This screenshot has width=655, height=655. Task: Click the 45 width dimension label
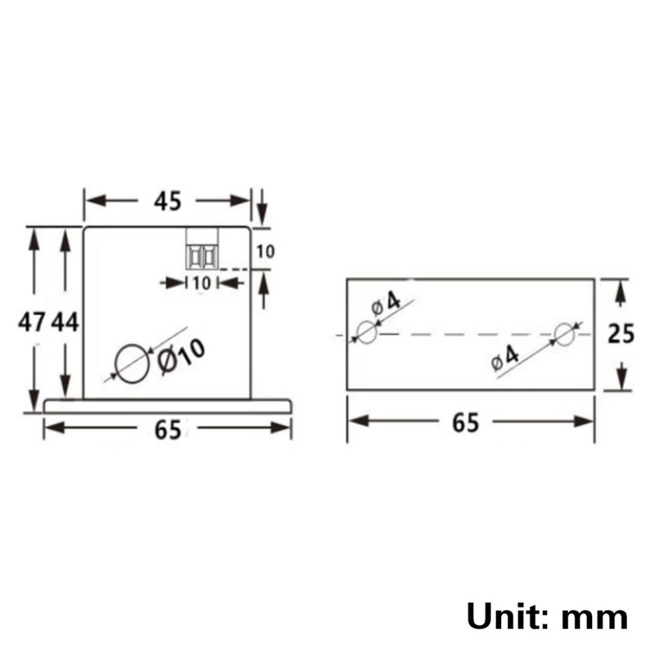[x=167, y=201]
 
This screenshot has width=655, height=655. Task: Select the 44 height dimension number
[x=65, y=323]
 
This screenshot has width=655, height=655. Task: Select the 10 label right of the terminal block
[x=264, y=252]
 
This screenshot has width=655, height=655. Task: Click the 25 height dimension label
[x=621, y=334]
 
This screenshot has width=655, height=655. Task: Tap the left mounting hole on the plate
[x=367, y=332]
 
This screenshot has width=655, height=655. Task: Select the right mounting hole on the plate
[x=565, y=333]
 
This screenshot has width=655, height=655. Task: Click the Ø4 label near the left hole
[x=386, y=304]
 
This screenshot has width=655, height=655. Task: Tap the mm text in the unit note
[x=596, y=616]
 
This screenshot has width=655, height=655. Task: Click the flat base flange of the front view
[x=168, y=405]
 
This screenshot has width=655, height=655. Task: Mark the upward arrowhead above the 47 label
[x=34, y=237]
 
